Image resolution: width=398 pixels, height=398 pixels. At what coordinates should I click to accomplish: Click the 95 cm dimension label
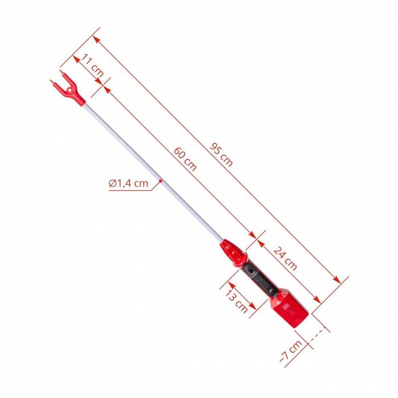[222, 154]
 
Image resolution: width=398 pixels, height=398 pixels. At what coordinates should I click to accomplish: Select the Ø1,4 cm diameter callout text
[128, 183]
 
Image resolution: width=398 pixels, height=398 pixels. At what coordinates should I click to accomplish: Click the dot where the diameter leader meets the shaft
[161, 181]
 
